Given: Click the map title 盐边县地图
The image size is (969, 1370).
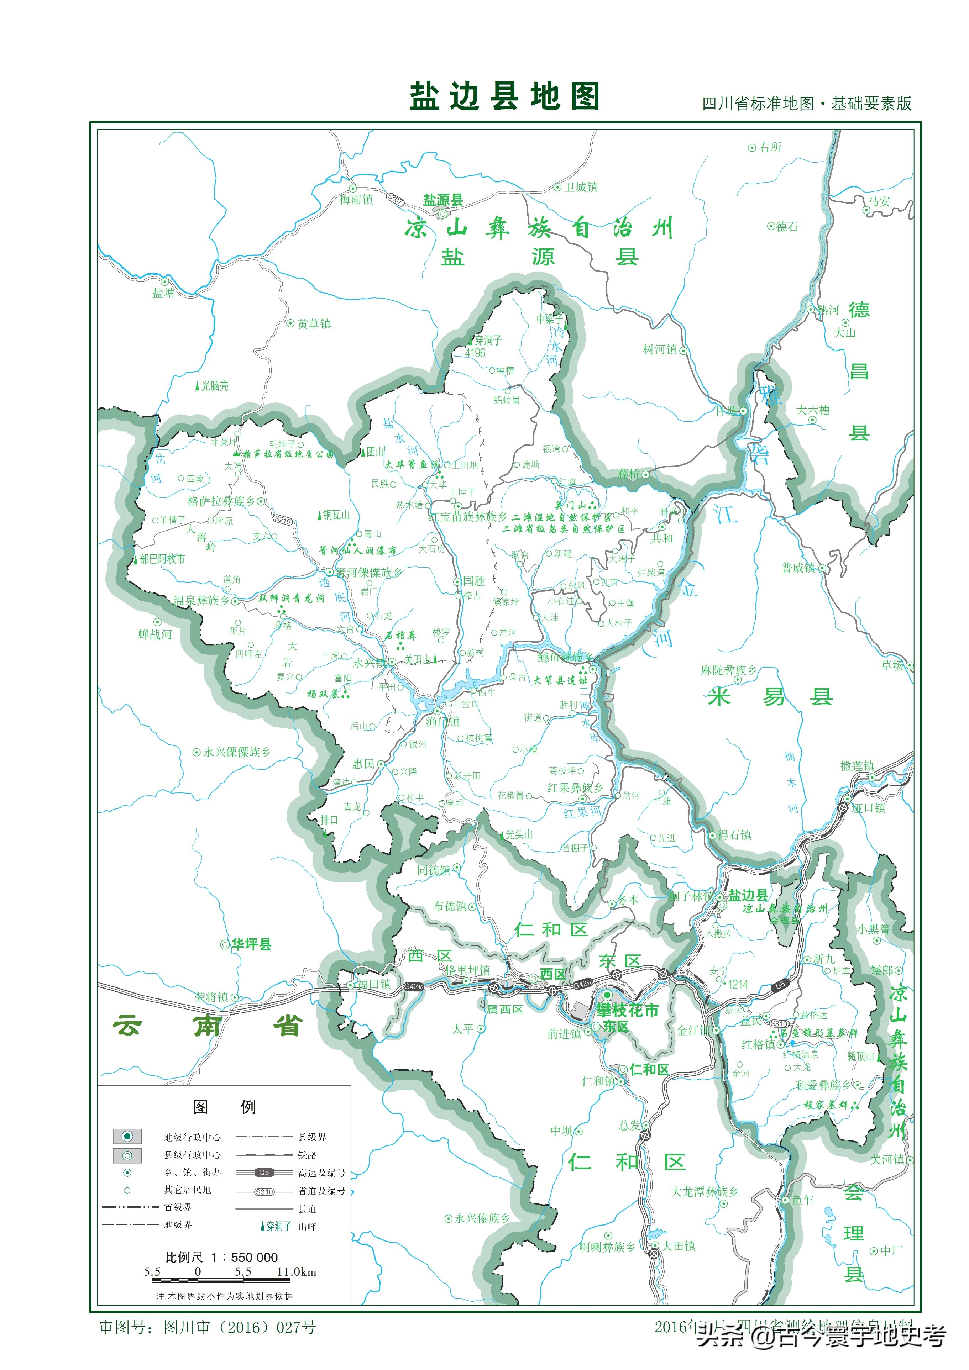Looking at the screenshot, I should point(504,97).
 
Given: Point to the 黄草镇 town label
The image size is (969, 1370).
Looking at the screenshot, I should point(314,324).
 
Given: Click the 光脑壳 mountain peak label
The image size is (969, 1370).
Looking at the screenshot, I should point(214,386).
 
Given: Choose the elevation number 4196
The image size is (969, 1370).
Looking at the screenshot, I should point(475,353).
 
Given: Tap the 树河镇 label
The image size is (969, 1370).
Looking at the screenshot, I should point(659,350).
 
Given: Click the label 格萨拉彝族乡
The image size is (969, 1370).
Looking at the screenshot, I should point(221,501).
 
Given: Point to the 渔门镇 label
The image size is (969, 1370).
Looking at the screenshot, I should point(442,722).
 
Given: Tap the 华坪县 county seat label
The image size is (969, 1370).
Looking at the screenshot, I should point(251,944).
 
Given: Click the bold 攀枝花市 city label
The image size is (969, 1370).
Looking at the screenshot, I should point(627,1010).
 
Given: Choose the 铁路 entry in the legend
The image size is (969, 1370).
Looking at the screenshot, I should point(308,1155).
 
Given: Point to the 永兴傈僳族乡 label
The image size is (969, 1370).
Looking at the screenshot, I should point(236,752).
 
